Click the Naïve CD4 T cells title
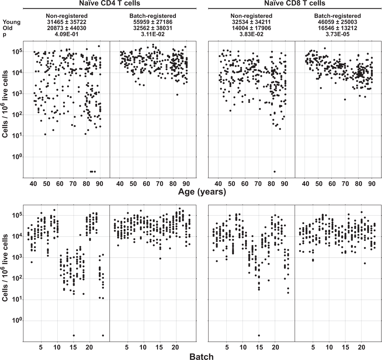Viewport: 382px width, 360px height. [x=109, y=3]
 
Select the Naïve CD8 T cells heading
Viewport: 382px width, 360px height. [x=295, y=3]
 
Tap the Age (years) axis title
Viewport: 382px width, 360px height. [x=202, y=192]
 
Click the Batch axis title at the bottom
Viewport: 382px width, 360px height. [x=201, y=356]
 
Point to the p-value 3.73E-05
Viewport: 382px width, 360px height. [x=338, y=34]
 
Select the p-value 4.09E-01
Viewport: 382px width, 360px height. [x=67, y=34]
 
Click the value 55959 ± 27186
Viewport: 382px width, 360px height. [x=153, y=22]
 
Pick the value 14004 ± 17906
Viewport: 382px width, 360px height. [x=251, y=28]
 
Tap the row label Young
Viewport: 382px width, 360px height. [x=12, y=22]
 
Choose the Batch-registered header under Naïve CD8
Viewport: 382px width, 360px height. [x=338, y=16]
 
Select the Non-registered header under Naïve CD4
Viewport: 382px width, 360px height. [x=67, y=16]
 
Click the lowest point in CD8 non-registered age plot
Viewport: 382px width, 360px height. [x=274, y=171]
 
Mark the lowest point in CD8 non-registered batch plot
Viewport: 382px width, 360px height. [x=259, y=335]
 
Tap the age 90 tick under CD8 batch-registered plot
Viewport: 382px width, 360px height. [x=372, y=184]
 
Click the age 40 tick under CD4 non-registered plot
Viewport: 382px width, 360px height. [x=33, y=184]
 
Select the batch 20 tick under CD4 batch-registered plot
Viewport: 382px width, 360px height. [x=175, y=347]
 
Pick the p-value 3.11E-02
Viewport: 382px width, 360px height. [x=153, y=34]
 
